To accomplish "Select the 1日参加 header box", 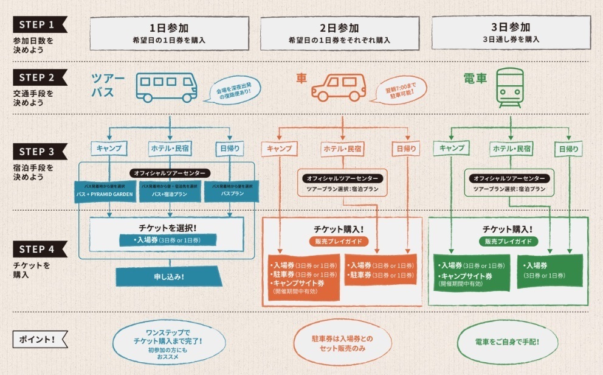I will (169, 33).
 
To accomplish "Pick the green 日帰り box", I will (568, 148).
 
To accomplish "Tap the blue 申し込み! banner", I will (169, 276).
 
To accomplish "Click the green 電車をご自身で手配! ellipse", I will (508, 342).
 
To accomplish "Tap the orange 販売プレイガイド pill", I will (337, 241).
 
